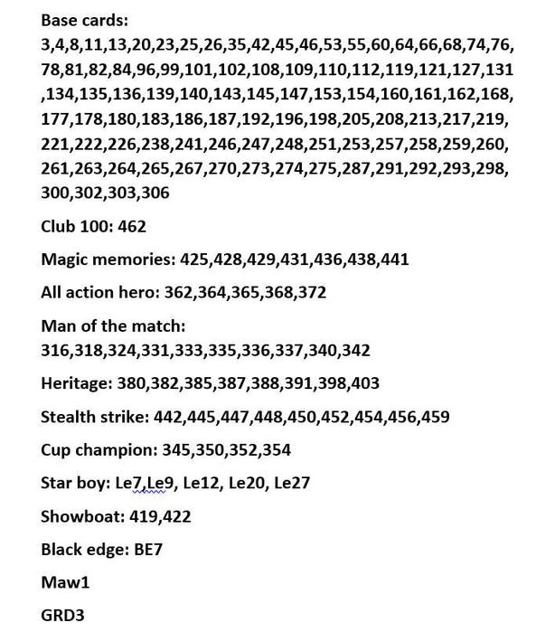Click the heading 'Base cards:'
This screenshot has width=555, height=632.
pyautogui.click(x=84, y=19)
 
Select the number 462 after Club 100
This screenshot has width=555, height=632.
pyautogui.click(x=132, y=226)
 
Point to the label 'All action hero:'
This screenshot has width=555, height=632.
pyautogui.click(x=102, y=293)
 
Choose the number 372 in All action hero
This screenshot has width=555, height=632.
pyautogui.click(x=311, y=293)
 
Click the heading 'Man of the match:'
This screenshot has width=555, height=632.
pyautogui.click(x=112, y=325)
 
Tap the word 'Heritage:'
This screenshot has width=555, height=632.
pyautogui.click(x=75, y=383)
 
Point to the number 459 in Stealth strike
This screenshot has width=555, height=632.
pyautogui.click(x=435, y=417)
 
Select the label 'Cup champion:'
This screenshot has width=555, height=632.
pyautogui.click(x=98, y=449)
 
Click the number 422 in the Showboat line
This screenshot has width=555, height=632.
pyautogui.click(x=176, y=516)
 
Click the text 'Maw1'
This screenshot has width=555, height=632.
pyautogui.click(x=65, y=582)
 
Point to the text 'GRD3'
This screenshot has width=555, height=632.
pyautogui.click(x=62, y=616)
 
